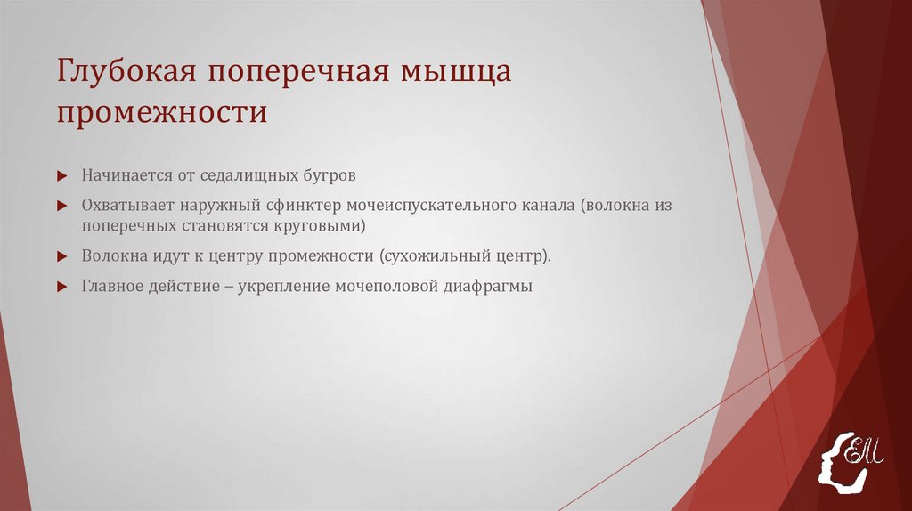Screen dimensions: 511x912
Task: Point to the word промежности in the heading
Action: pyautogui.click(x=162, y=114)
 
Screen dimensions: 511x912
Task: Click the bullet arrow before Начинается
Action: pyautogui.click(x=61, y=174)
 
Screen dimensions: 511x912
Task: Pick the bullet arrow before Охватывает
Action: pyautogui.click(x=61, y=206)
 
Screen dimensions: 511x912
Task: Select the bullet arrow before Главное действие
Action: pyautogui.click(x=61, y=288)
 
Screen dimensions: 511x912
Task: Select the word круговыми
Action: pyautogui.click(x=317, y=226)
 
